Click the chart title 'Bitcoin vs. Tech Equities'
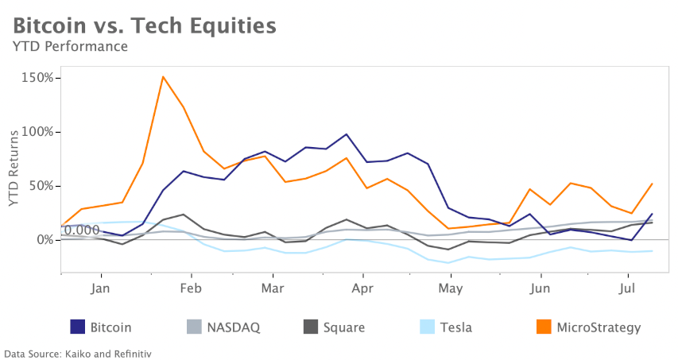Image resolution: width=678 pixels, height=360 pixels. click(x=145, y=25)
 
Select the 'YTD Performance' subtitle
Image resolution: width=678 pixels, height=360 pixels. click(x=70, y=46)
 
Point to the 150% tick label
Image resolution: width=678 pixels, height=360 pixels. click(x=38, y=78)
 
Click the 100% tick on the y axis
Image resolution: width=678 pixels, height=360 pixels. click(x=38, y=132)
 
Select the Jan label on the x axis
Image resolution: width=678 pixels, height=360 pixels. click(x=101, y=288)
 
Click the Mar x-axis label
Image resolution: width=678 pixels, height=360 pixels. click(x=273, y=288)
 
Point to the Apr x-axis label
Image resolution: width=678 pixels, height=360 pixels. click(x=363, y=288)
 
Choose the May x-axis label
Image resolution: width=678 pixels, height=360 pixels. click(x=451, y=288)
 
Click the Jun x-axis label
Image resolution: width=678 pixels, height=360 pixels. click(x=540, y=288)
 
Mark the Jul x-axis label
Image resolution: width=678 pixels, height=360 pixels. click(x=628, y=288)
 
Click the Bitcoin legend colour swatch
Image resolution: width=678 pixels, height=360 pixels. click(x=78, y=327)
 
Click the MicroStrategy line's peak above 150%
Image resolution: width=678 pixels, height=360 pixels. click(x=163, y=77)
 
